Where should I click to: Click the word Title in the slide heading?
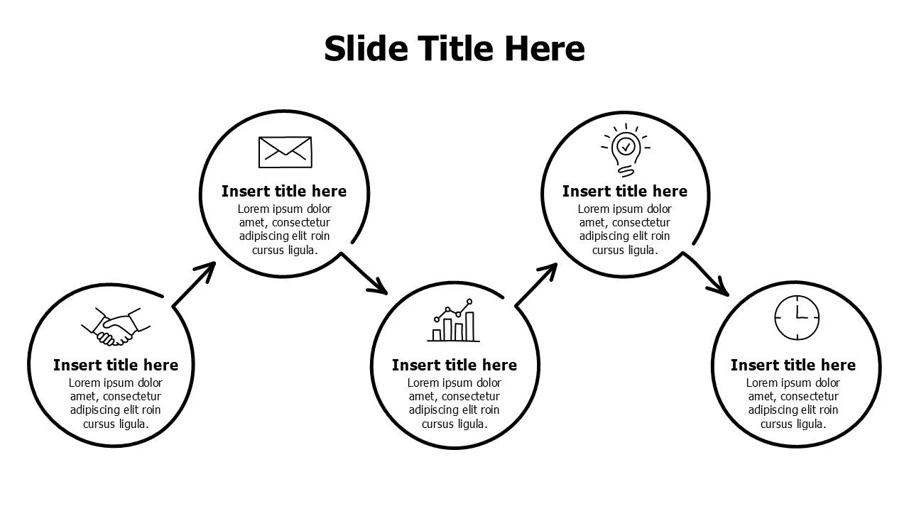(456, 48)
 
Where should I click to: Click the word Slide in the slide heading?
(366, 48)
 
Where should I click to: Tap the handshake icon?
(116, 326)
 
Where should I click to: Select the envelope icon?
(285, 152)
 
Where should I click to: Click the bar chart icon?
(453, 320)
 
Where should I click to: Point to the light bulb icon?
(626, 150)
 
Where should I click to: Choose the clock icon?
(797, 317)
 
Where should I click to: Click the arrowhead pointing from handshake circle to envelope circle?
(206, 271)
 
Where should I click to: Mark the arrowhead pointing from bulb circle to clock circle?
(719, 287)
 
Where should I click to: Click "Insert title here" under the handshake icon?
(116, 365)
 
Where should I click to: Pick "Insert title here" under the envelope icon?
(284, 191)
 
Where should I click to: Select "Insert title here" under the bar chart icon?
(454, 365)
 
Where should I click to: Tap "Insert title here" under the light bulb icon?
(625, 191)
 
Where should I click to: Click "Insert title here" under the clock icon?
(793, 365)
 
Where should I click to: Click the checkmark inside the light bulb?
(626, 146)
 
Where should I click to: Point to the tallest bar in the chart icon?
(469, 326)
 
